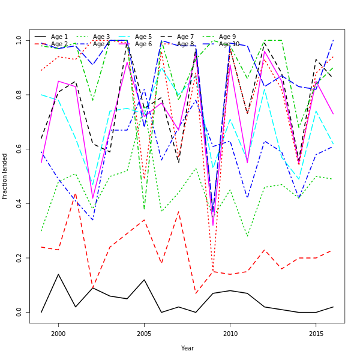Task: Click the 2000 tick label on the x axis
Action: (x=58, y=334)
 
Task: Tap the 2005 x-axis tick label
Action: (x=144, y=334)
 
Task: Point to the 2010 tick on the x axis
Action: (x=230, y=334)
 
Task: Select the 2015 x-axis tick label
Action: (x=316, y=334)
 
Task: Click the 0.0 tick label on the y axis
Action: (x=19, y=313)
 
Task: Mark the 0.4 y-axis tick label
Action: (x=19, y=203)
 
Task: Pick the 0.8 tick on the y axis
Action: (x=19, y=95)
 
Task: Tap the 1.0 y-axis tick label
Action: (x=19, y=40)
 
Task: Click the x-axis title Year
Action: (x=187, y=348)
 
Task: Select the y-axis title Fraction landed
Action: (x=5, y=176)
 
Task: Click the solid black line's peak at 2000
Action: (x=58, y=274)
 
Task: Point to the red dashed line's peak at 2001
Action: (x=76, y=194)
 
